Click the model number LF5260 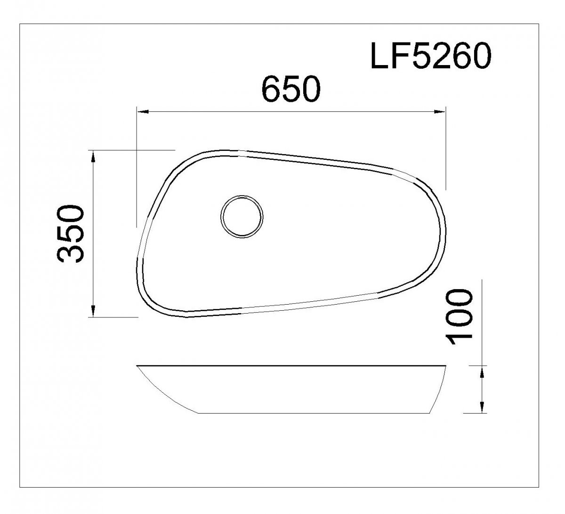(x=431, y=56)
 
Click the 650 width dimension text (x=291, y=89)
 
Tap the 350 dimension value (x=71, y=233)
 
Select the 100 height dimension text (x=459, y=316)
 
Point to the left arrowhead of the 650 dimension (x=143, y=112)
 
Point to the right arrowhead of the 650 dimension (x=440, y=112)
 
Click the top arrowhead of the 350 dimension (x=93, y=157)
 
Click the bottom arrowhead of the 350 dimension (x=93, y=311)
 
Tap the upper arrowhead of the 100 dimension (x=482, y=372)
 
